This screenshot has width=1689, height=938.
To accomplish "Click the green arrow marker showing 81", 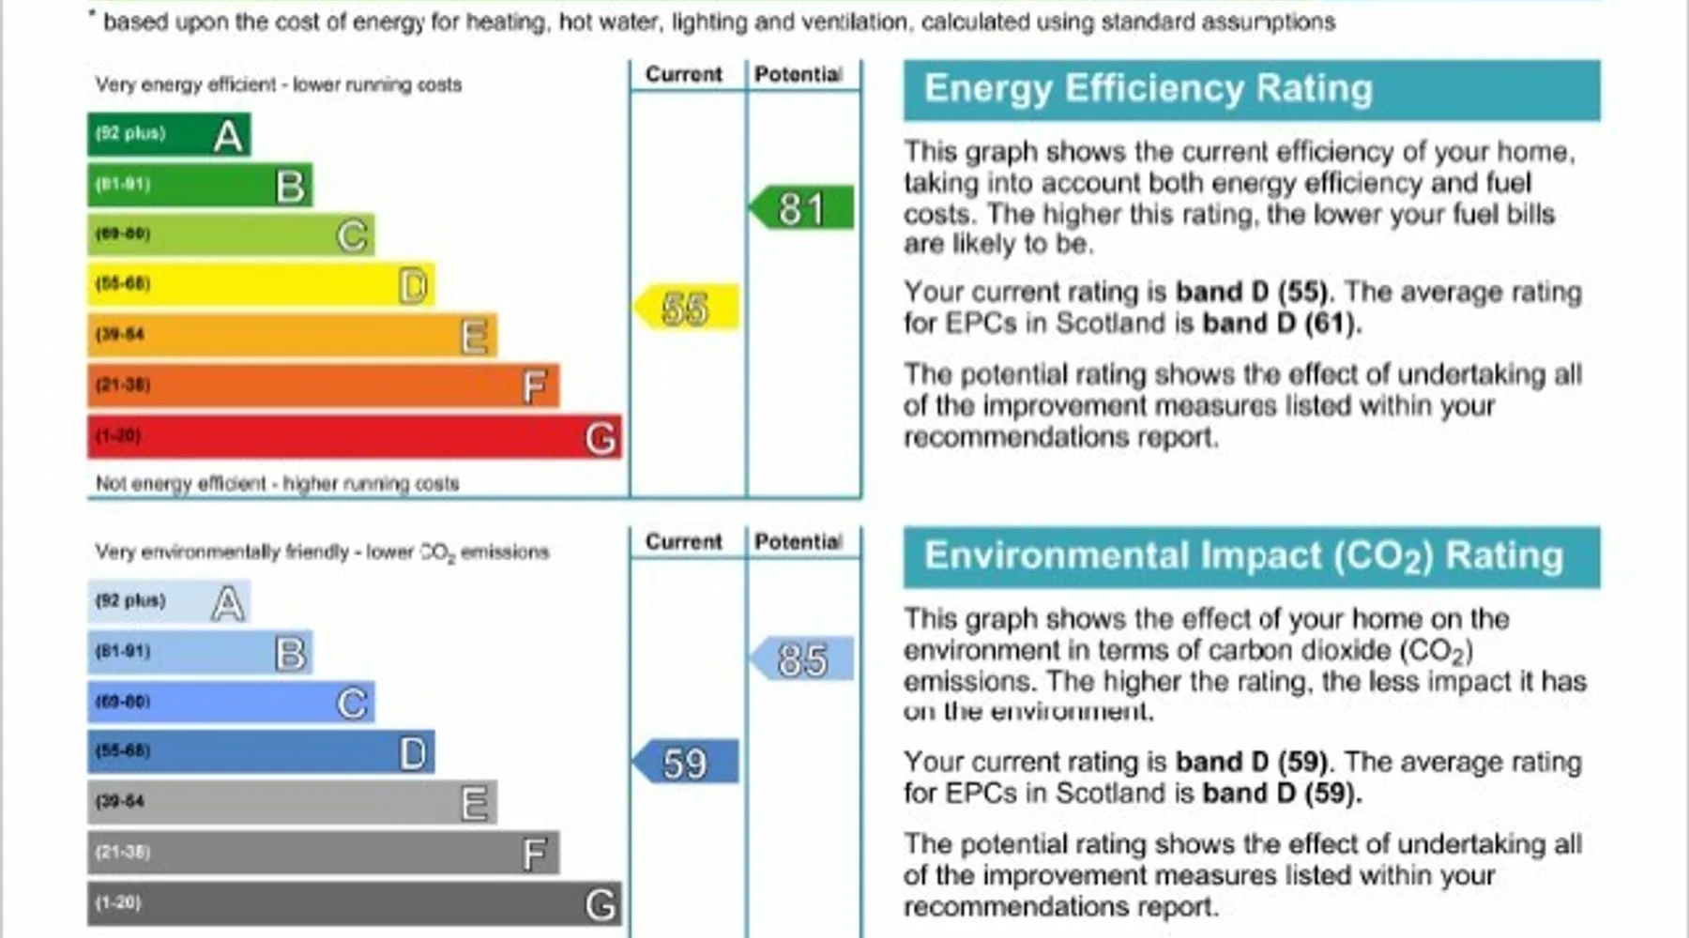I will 802,208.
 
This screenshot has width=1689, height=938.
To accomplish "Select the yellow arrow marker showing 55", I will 687,308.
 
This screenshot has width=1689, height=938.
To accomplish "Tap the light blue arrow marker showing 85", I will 802,658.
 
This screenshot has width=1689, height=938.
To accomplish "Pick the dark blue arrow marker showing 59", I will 687,762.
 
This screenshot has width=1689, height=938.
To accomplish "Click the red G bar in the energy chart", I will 354,437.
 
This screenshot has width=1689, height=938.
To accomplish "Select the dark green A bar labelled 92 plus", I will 169,134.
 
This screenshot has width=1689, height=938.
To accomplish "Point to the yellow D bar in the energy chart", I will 261,284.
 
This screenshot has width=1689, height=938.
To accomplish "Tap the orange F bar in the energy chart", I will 323,386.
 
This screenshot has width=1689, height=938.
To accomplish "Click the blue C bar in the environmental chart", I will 231,702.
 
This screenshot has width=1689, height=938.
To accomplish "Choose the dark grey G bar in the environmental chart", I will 354,903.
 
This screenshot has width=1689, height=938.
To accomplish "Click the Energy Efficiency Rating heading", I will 1149,89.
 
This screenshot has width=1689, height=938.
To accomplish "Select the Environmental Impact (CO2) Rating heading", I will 1243,556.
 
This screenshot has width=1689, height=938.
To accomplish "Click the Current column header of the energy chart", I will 684,74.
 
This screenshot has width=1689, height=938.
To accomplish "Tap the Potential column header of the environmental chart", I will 799,541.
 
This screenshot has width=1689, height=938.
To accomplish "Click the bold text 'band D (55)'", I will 1252,292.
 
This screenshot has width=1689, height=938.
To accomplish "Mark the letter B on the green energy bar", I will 291,186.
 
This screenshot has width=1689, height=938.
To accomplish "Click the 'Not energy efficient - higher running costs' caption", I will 278,483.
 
